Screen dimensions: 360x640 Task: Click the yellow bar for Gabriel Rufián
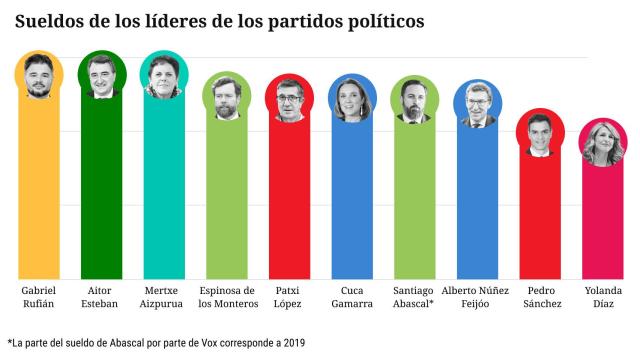point(40,190)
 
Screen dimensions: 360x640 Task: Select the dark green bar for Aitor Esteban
point(102,190)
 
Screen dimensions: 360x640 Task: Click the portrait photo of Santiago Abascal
point(415,100)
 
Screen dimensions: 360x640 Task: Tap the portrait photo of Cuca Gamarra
point(352,99)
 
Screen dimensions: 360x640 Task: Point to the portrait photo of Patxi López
point(290,100)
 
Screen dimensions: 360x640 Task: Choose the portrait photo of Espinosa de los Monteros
point(227,98)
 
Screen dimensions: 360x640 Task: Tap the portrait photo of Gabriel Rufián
point(40,75)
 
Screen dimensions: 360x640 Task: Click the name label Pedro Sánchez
point(541,297)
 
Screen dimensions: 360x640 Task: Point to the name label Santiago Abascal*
point(415,297)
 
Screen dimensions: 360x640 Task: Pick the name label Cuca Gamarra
point(352,297)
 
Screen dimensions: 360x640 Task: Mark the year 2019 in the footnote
point(291,343)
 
